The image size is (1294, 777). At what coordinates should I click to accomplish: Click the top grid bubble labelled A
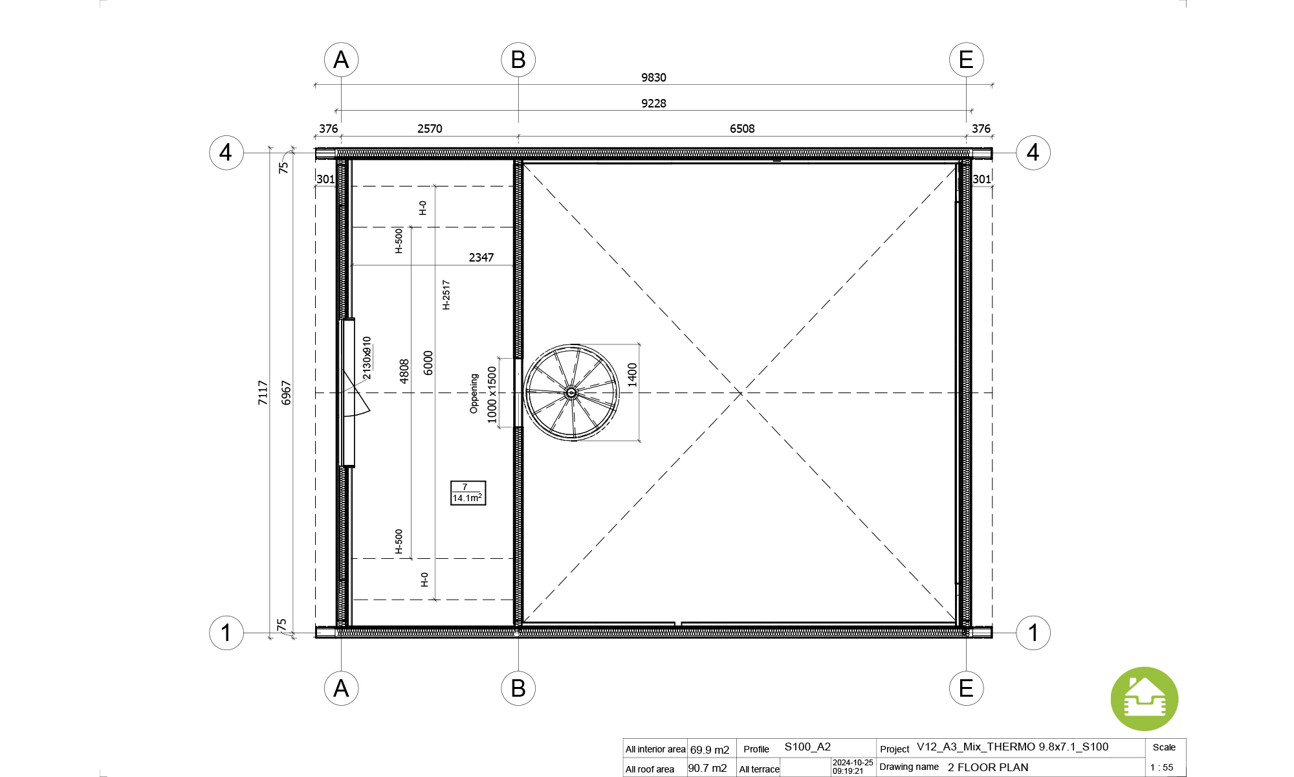pyautogui.click(x=341, y=60)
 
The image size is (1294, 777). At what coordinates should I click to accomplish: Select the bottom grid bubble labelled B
pyautogui.click(x=518, y=688)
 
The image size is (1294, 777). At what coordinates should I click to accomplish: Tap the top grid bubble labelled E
pyautogui.click(x=966, y=60)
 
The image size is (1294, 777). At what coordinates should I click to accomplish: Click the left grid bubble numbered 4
pyautogui.click(x=226, y=153)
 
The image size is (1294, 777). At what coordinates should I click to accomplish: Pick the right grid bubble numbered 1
pyautogui.click(x=1033, y=633)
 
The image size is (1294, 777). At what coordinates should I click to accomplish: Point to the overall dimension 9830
pyautogui.click(x=653, y=78)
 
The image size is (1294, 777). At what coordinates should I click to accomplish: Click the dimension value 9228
pyautogui.click(x=653, y=104)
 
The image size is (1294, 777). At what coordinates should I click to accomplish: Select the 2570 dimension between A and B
pyautogui.click(x=430, y=129)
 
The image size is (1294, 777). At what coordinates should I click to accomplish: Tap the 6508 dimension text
pyautogui.click(x=742, y=129)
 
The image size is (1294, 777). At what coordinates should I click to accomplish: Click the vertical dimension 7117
pyautogui.click(x=263, y=392)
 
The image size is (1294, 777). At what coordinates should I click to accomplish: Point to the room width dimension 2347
pyautogui.click(x=481, y=258)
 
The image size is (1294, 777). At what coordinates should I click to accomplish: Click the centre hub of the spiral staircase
pyautogui.click(x=571, y=392)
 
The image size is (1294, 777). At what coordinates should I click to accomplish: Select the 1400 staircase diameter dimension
pyautogui.click(x=632, y=375)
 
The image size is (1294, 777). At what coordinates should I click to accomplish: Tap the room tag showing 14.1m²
pyautogui.click(x=468, y=493)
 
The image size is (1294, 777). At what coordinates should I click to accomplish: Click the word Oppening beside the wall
pyautogui.click(x=474, y=393)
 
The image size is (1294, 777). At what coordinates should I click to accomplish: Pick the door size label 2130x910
pyautogui.click(x=367, y=358)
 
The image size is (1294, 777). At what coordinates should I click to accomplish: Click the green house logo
pyautogui.click(x=1145, y=699)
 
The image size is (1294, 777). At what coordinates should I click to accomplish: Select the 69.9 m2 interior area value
pyautogui.click(x=710, y=750)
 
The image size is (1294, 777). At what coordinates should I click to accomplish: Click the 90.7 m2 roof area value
pyautogui.click(x=707, y=769)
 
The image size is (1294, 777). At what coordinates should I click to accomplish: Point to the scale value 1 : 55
pyautogui.click(x=1161, y=768)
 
